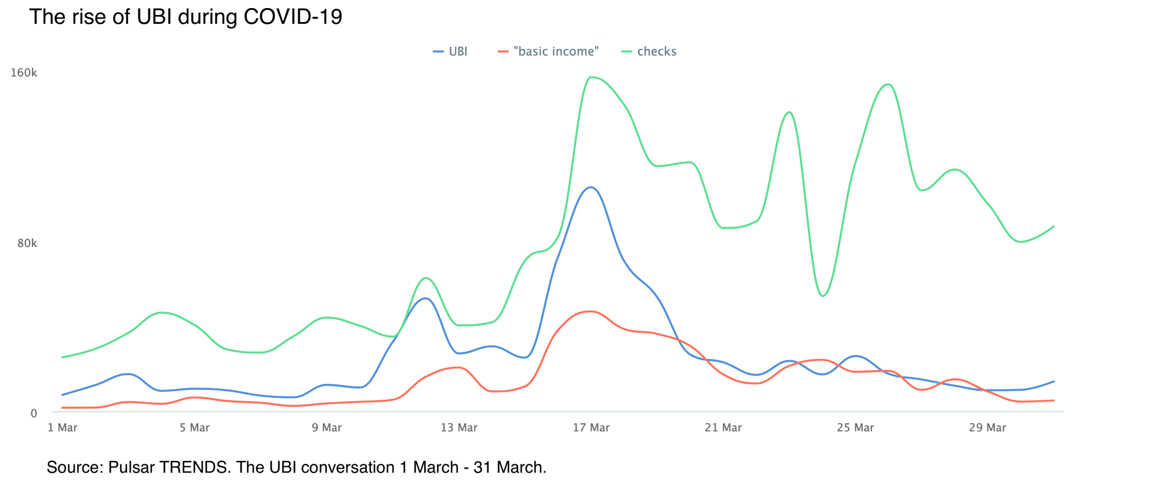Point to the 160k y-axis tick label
(24, 73)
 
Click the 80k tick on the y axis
(27, 243)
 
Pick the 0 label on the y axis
(34, 413)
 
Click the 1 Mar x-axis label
(63, 428)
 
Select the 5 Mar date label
(195, 428)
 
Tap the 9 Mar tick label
(327, 428)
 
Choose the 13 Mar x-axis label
(459, 428)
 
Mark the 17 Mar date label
(591, 428)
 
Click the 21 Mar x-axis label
(723, 428)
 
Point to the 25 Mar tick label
(855, 428)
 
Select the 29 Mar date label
(987, 428)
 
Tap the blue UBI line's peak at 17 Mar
(591, 187)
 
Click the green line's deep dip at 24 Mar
(823, 296)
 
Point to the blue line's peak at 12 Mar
(426, 298)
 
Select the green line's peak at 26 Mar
(888, 85)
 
